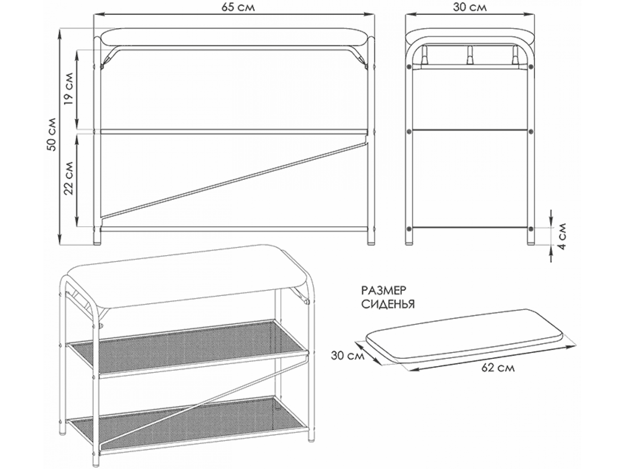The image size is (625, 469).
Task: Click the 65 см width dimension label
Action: [x=238, y=8]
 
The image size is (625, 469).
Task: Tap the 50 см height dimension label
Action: [x=52, y=134]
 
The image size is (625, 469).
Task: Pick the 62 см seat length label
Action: [x=498, y=368]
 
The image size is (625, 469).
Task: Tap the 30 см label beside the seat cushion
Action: [x=348, y=356]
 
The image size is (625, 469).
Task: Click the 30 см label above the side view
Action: [x=470, y=8]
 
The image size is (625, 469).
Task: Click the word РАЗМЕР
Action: [x=384, y=291]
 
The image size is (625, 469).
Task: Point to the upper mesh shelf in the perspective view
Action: [x=187, y=349]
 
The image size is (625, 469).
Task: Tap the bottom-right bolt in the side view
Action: [x=531, y=228]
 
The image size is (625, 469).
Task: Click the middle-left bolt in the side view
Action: [x=409, y=131]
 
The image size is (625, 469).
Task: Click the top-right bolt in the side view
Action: [x=531, y=66]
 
